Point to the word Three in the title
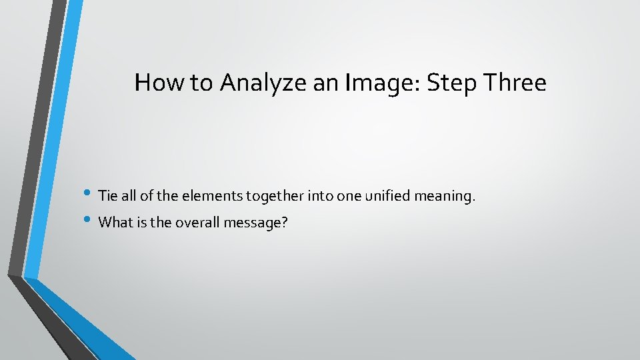click(515, 83)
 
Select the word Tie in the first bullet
click(107, 196)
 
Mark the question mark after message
click(285, 223)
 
